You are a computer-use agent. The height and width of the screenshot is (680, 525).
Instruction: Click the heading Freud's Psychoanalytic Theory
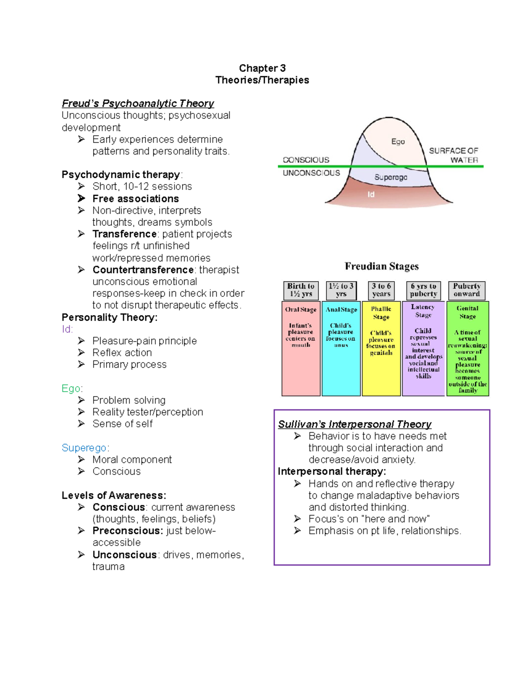click(x=138, y=103)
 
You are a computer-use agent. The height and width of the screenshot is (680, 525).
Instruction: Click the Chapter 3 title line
click(x=262, y=68)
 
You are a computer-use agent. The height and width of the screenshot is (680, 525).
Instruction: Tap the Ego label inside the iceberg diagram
click(x=398, y=141)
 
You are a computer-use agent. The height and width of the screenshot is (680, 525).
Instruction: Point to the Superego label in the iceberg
click(x=391, y=177)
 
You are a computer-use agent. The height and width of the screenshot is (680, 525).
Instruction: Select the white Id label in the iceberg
click(x=371, y=194)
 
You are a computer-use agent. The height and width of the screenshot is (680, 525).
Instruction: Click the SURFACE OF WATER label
click(x=454, y=155)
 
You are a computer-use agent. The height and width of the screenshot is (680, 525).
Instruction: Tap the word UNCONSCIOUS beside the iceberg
click(x=311, y=173)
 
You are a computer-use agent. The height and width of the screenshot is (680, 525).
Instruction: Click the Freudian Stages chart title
click(x=381, y=266)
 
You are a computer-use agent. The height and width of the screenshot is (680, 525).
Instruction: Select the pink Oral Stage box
click(x=301, y=349)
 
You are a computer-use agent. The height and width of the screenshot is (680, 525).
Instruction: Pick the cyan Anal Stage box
click(x=341, y=349)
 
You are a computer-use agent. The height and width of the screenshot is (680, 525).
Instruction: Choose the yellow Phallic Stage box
click(x=381, y=349)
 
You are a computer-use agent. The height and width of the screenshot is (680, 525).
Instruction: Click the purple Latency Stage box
click(x=423, y=349)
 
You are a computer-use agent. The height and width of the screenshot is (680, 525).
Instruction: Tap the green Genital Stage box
click(x=468, y=349)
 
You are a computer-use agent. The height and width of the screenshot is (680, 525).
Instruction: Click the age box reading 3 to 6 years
click(x=381, y=290)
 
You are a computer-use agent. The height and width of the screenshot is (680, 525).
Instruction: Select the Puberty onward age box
click(x=467, y=290)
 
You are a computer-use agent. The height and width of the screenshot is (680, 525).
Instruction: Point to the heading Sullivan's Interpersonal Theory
click(x=355, y=424)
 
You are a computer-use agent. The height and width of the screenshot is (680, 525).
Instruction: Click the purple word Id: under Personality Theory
click(x=67, y=329)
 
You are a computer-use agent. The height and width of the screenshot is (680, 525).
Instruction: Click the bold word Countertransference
click(x=143, y=270)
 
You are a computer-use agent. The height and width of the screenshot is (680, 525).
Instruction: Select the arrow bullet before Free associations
click(x=81, y=198)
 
